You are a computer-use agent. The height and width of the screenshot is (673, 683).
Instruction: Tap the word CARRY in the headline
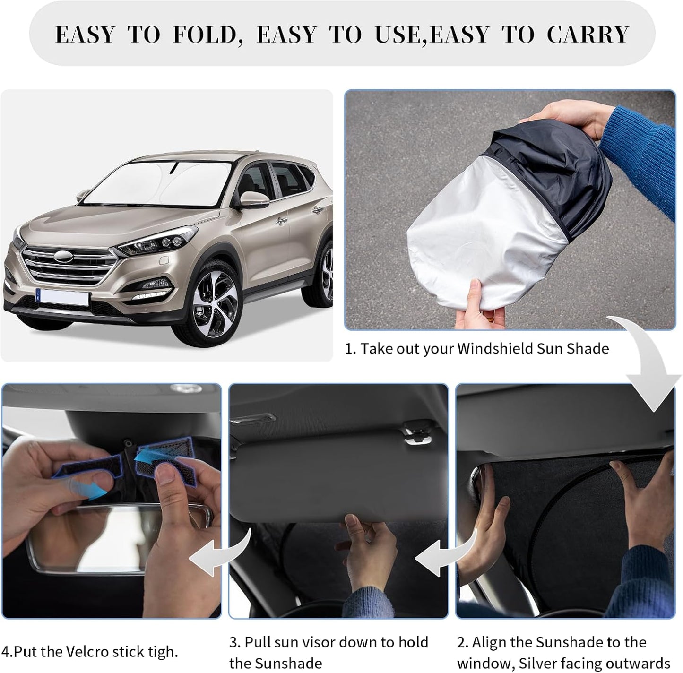pyautogui.click(x=588, y=35)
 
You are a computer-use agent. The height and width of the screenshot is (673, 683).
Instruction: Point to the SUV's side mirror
pyautogui.click(x=254, y=198)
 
